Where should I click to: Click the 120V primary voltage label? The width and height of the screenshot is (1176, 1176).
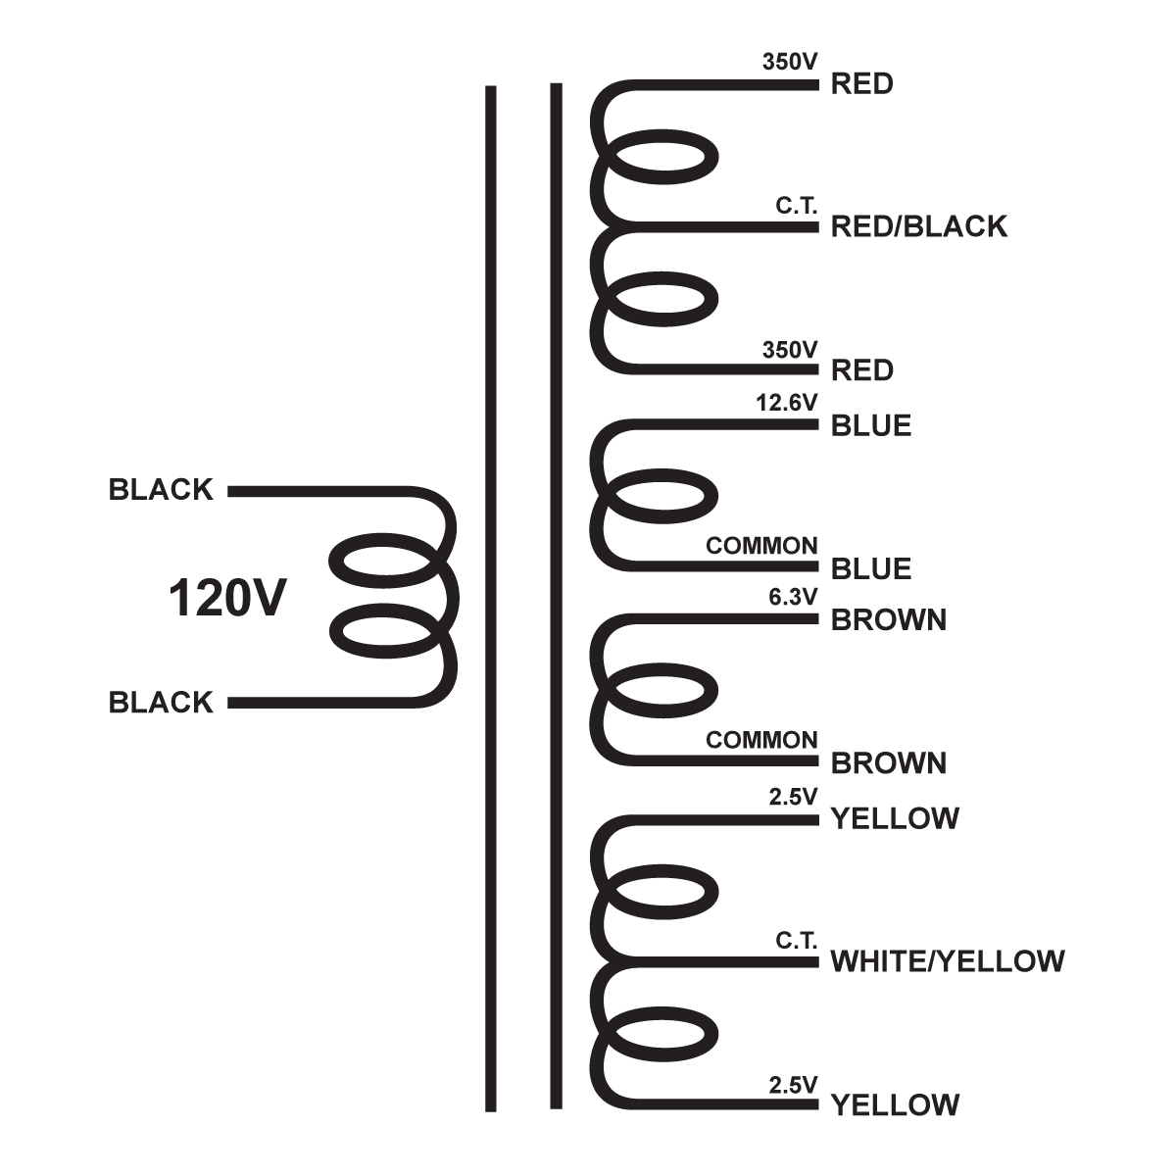tap(227, 599)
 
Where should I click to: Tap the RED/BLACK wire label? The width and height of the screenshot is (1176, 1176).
tap(918, 226)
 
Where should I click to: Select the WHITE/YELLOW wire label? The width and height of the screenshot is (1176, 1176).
tap(947, 961)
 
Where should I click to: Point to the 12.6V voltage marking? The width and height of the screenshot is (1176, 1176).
tap(786, 402)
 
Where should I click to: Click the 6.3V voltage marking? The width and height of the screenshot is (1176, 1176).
tap(793, 596)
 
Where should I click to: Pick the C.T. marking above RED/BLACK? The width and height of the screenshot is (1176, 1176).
tap(796, 207)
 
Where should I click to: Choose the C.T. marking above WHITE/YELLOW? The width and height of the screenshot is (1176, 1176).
tap(796, 941)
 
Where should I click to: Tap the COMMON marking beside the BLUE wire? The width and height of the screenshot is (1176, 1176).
tap(761, 546)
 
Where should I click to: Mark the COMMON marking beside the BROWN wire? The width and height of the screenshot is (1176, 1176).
tap(761, 740)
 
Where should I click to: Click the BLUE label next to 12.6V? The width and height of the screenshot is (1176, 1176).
tap(871, 425)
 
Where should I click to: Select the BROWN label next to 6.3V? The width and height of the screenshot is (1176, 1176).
tap(888, 619)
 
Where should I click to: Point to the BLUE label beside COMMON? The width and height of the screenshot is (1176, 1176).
tap(871, 568)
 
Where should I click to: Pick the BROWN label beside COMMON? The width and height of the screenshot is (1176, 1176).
tap(888, 762)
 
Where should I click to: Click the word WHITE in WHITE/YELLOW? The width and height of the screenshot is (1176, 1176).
tap(875, 961)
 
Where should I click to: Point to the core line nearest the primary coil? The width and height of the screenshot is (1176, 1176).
tap(491, 598)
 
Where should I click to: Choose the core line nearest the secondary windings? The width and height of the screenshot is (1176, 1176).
tap(557, 598)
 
